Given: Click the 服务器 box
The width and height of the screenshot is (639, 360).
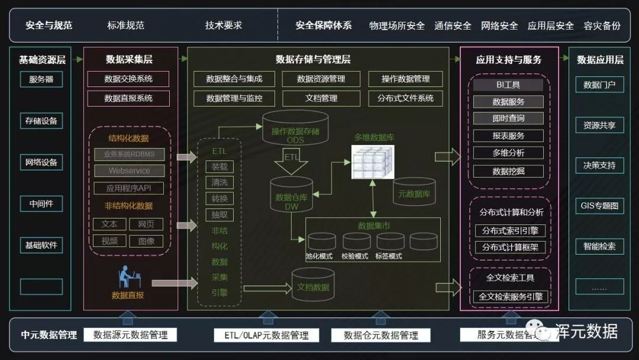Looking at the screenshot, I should point(41,79).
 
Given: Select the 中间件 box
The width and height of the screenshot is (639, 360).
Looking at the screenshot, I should point(41,204).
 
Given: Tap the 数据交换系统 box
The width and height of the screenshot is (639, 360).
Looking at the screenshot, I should point(128,79).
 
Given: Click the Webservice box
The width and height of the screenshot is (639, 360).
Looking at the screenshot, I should point(129,171).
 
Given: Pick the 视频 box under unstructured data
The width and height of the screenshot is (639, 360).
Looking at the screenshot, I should point(109,241).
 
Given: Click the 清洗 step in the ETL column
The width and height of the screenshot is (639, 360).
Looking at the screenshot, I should point(220,182).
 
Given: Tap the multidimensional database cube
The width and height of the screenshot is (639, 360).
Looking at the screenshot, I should point(373,161).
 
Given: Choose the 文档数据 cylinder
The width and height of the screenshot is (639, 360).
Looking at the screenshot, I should point(313,285).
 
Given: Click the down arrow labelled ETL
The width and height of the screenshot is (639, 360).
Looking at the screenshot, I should point(292,161).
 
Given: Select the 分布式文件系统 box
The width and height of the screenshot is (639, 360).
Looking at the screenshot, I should point(405,98).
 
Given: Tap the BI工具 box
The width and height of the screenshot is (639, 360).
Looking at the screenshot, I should point(508,85).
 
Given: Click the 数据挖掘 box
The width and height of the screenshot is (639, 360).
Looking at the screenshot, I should point(508,172).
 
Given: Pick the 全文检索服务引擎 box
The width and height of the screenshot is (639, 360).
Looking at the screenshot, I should point(510,297).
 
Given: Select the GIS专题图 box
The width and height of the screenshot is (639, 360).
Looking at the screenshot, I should point(599,206).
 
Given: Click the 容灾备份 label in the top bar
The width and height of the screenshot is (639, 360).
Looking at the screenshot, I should point(602,25).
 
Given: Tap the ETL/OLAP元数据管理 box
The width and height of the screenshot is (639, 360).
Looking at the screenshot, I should point(266,335).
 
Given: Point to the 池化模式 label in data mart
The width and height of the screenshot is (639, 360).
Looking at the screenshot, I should point(319,256).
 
